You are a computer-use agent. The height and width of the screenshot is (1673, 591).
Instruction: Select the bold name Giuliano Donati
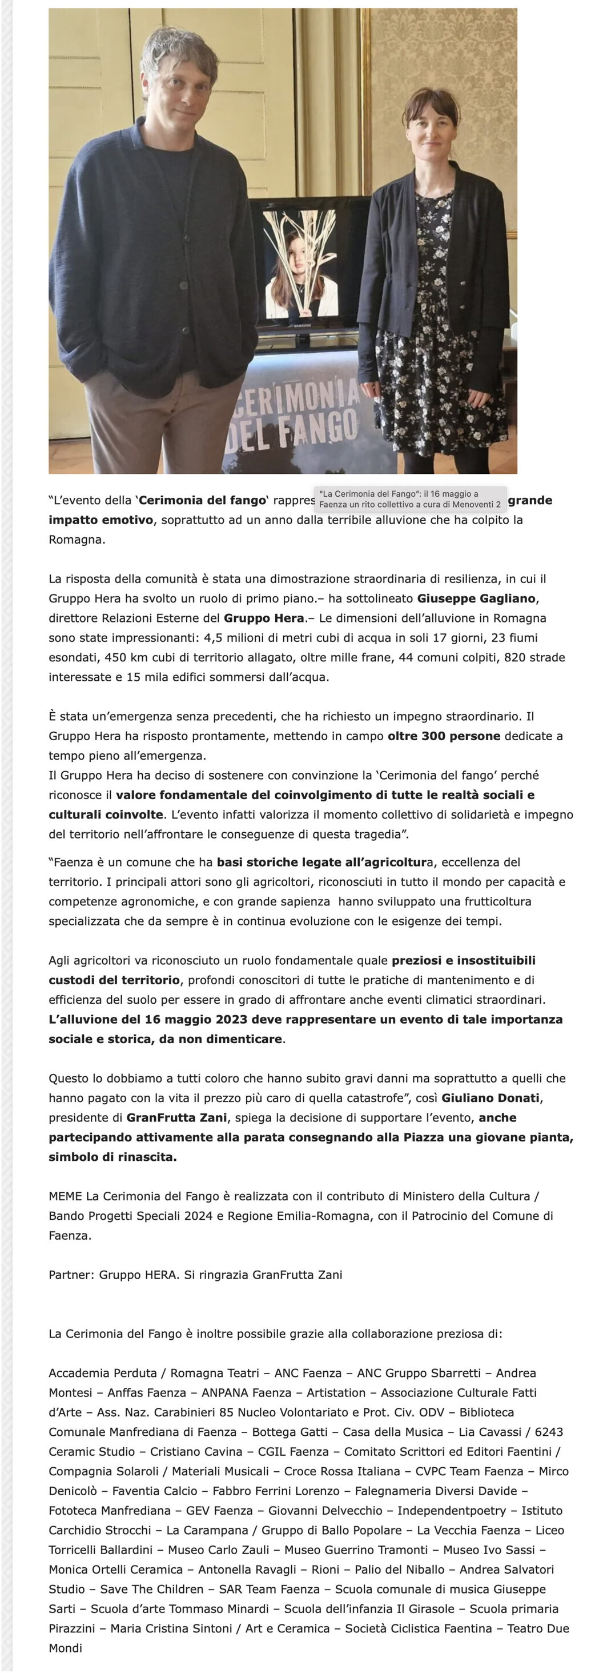click(491, 1097)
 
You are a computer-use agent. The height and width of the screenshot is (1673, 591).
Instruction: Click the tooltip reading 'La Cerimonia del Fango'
click(410, 499)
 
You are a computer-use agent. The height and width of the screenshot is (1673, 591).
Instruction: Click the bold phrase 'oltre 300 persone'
click(444, 736)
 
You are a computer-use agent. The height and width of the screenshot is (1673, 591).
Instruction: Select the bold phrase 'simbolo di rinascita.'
click(112, 1157)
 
